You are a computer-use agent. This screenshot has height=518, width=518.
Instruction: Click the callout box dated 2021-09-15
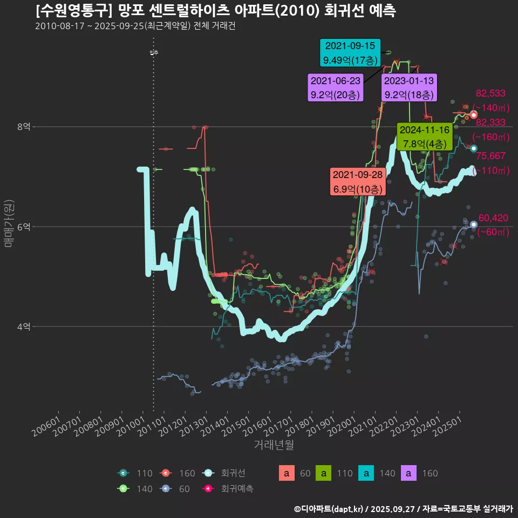tap(350, 53)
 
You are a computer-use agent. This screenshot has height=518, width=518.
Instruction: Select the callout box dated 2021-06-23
tap(335, 88)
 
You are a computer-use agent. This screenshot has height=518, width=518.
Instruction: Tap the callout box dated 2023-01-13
tap(409, 88)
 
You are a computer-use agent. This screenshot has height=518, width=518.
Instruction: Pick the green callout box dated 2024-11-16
tap(425, 137)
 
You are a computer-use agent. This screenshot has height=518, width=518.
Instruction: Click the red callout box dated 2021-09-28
tap(357, 182)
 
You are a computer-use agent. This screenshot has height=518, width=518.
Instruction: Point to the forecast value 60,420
tap(493, 218)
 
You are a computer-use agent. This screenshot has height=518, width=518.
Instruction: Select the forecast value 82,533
tap(490, 93)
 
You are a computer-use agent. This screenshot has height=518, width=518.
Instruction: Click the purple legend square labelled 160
tap(410, 474)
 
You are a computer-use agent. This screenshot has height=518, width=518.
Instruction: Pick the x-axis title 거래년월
tap(274, 445)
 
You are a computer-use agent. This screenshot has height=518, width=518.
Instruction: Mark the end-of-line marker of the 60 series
tap(474, 224)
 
